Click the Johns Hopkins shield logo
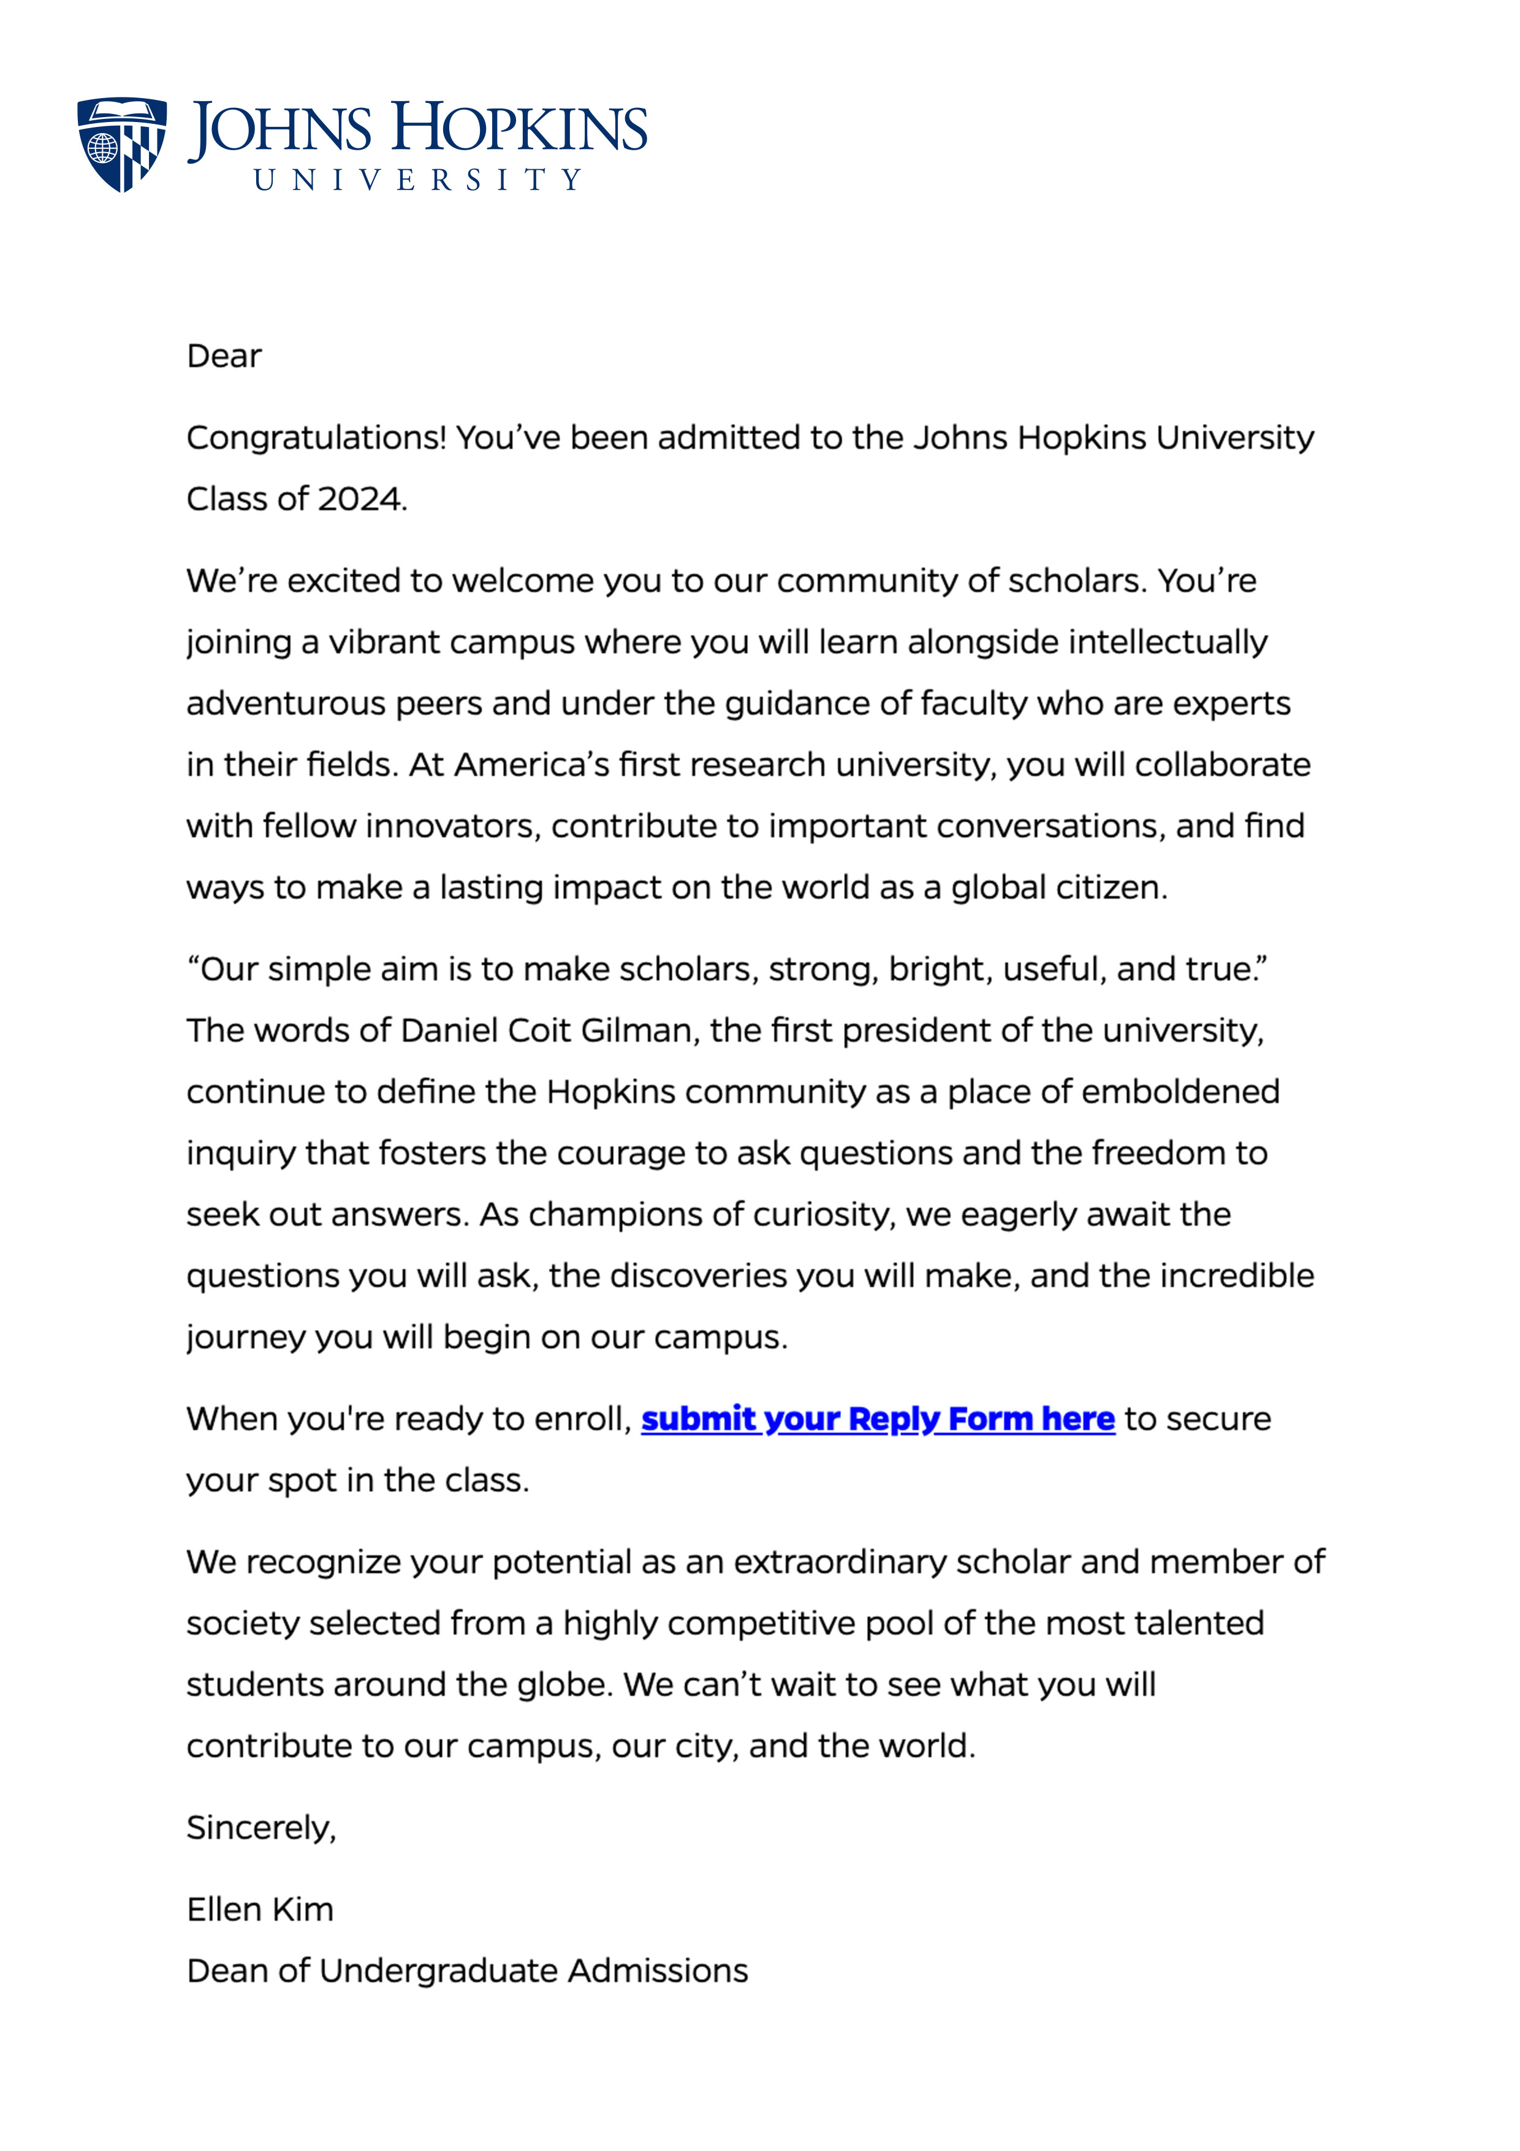pos(122,144)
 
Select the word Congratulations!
pos(316,438)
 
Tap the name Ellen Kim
pos(260,1909)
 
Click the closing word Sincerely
pos(260,1828)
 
